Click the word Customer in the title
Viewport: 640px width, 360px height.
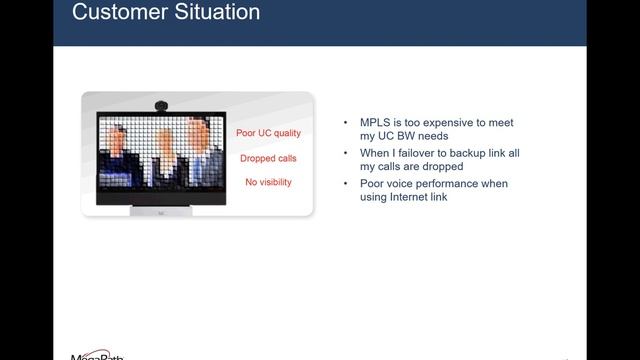coord(116,13)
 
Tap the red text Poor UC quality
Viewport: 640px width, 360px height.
coord(268,133)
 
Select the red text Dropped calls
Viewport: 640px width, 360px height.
coord(268,158)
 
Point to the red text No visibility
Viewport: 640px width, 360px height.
coord(268,182)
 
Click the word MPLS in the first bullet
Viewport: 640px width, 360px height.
coord(377,122)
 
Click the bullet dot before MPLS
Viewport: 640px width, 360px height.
coord(346,122)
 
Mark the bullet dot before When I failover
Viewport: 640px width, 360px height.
coord(346,153)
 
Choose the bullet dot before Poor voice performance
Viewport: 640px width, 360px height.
coord(346,184)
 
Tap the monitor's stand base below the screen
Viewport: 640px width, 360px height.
coord(164,211)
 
